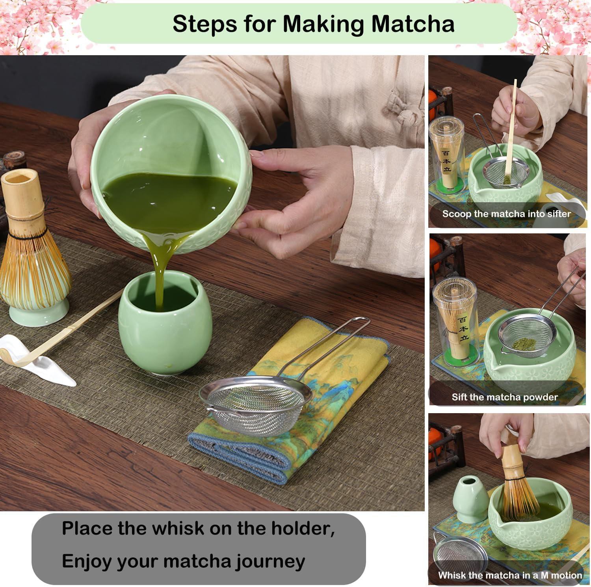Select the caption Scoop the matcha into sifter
click(506, 214)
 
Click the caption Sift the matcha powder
click(505, 397)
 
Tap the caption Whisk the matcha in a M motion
click(510, 575)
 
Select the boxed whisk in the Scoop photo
click(446, 154)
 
